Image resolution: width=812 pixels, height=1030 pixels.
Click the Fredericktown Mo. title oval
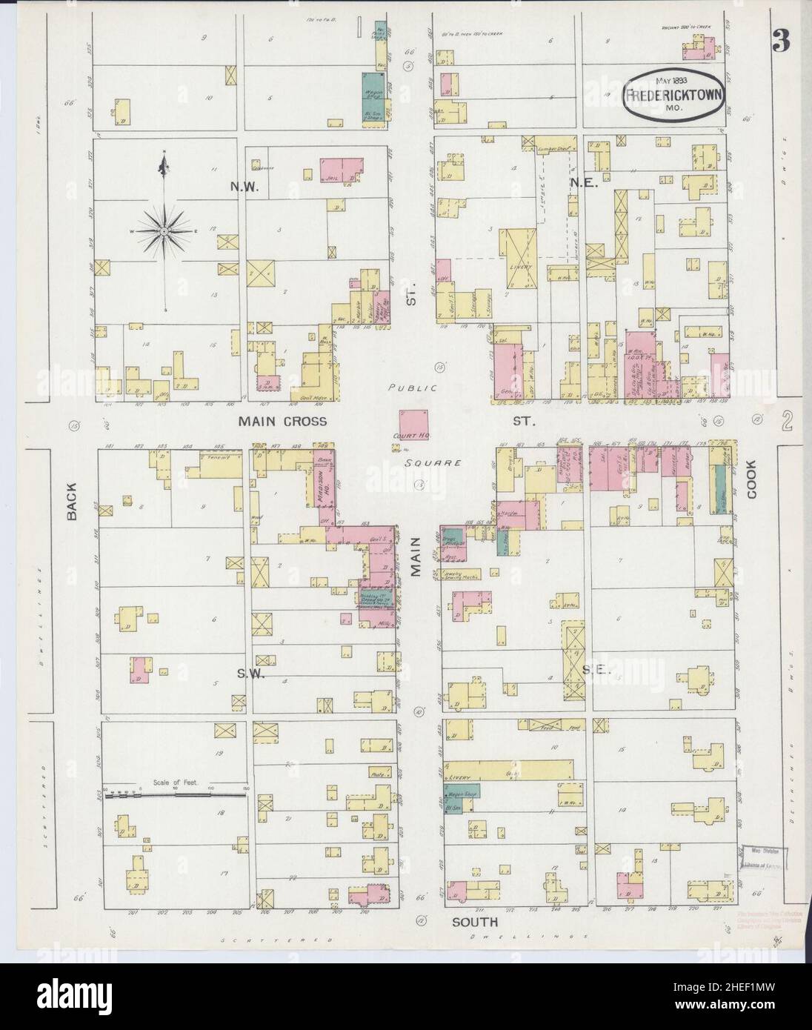coord(673,95)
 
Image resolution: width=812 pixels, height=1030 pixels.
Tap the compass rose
coord(163,231)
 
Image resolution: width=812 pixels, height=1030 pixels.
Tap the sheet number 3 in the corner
coord(780,42)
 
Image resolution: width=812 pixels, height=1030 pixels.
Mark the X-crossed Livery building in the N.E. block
coord(522,257)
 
